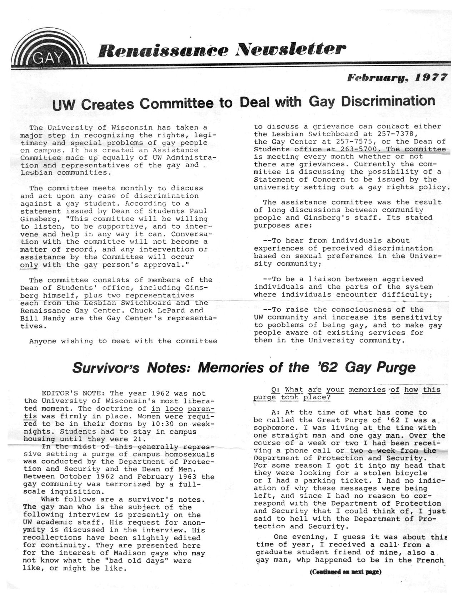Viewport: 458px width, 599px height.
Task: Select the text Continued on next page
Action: (345, 571)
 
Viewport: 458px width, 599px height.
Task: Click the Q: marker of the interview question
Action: (275, 390)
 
